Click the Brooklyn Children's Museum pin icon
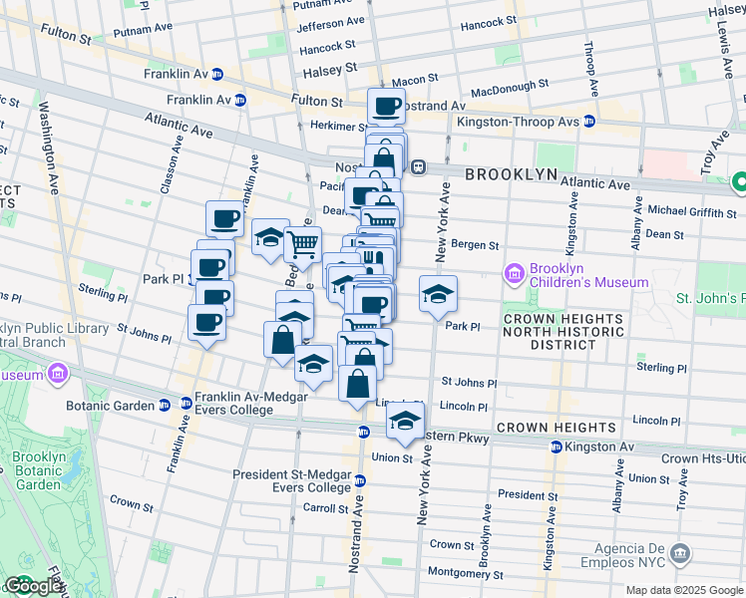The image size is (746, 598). pos(515,273)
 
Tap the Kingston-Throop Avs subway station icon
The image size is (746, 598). pos(589,122)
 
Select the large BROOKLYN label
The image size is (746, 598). pos(511,173)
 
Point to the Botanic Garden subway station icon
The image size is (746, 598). pos(165,406)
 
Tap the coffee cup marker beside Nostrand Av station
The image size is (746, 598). pos(386,105)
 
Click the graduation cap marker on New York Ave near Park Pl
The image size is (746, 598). pos(438,293)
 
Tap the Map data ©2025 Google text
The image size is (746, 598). pos(683,590)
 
